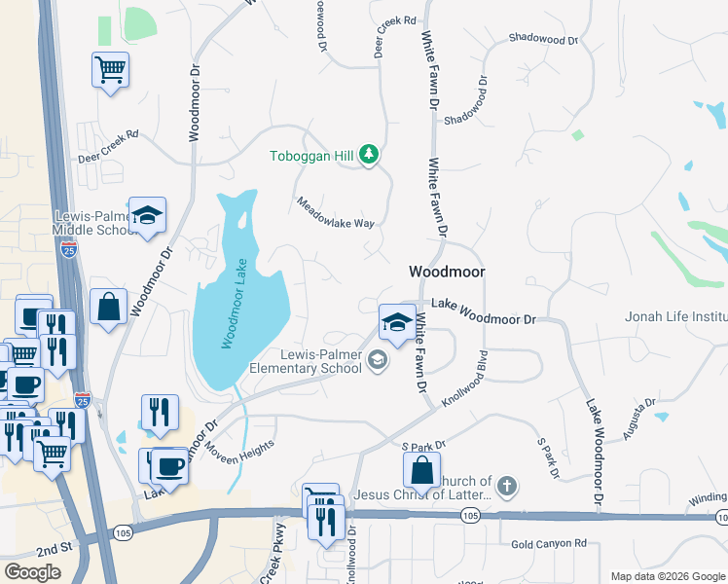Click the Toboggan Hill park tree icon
[369, 155]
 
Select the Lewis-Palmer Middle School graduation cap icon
[147, 216]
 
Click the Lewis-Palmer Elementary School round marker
[378, 361]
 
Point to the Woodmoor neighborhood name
[447, 273]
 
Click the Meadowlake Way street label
[336, 215]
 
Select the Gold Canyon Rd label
[549, 543]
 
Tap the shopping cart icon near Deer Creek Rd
[111, 70]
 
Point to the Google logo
[33, 572]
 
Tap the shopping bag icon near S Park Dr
[422, 471]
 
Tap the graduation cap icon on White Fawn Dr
[396, 321]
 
